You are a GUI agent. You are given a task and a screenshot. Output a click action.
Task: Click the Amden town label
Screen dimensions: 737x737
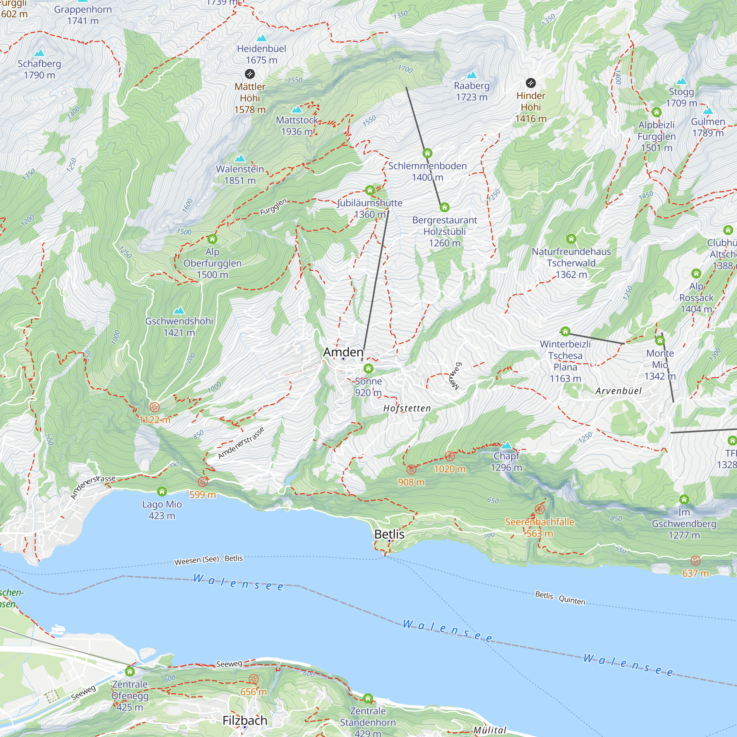coord(343,352)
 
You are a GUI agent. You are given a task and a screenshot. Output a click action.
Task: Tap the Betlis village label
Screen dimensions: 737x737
coord(389,534)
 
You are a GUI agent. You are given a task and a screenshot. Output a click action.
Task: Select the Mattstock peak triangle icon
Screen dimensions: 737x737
coord(297,110)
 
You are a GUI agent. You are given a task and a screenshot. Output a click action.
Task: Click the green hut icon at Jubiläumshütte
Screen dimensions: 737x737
coord(370,190)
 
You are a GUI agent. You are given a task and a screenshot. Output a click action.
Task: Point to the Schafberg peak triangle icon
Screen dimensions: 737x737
coord(39,53)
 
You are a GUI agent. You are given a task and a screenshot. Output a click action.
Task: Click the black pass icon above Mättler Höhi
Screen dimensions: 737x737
coord(249,74)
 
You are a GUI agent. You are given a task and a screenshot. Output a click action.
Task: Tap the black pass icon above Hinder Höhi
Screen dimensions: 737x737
coord(531,83)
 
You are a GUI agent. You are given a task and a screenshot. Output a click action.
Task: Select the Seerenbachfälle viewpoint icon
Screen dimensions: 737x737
coord(539,509)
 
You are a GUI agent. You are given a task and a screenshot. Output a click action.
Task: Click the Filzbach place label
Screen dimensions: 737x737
coord(245,720)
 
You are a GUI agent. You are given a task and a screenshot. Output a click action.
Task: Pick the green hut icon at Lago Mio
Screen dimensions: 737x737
coord(162,491)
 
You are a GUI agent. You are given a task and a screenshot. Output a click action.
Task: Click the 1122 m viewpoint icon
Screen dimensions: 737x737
coord(154,407)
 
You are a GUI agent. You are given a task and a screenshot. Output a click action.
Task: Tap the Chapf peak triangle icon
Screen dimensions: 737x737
coord(506,445)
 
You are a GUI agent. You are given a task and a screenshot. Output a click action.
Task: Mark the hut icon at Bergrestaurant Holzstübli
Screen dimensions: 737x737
coord(444,207)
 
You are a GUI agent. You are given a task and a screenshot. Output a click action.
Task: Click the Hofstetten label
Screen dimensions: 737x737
coord(407,409)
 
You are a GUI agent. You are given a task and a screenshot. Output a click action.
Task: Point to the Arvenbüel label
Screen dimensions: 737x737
coord(618,391)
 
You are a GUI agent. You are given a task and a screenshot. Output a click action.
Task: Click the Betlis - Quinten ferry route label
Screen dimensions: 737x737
coord(560,598)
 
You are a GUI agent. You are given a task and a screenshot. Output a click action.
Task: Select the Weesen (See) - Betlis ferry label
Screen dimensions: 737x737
coord(208,560)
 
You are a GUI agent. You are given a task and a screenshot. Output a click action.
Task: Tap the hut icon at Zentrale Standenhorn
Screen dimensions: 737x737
coord(368,698)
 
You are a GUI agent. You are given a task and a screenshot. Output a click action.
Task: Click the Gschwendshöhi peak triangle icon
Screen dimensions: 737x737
coord(179,311)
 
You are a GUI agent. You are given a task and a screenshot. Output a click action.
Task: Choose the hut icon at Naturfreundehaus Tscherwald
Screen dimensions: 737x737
coord(571,239)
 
